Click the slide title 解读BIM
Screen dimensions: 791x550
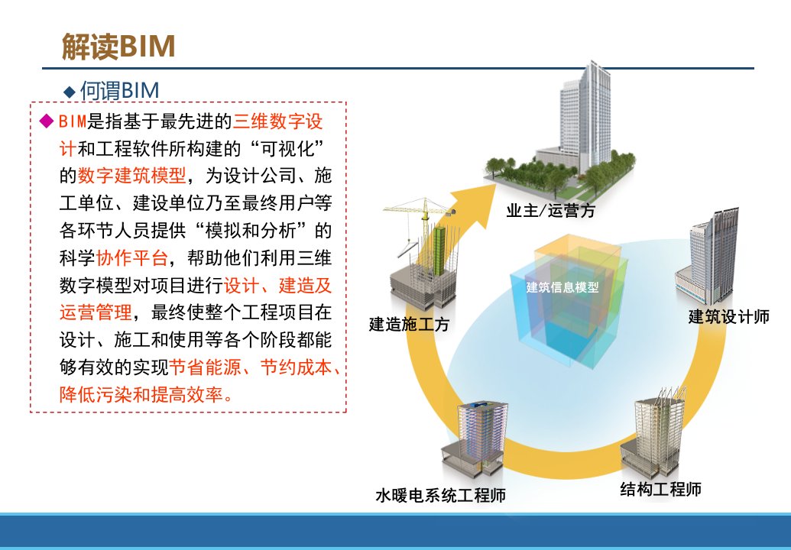(x=118, y=47)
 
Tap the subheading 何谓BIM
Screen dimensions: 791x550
(x=119, y=91)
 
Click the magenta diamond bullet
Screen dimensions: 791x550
(x=47, y=121)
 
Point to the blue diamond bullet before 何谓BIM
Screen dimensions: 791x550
(x=69, y=92)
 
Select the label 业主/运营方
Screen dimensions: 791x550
(x=551, y=210)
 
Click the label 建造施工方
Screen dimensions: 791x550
(x=409, y=324)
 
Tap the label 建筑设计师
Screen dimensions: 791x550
(x=729, y=316)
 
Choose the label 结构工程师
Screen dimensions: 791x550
(x=661, y=488)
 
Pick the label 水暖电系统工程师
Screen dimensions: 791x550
(x=440, y=495)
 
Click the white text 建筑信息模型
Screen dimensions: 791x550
(x=562, y=287)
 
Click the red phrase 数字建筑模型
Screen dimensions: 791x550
(x=132, y=176)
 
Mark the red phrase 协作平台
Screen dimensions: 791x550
(x=131, y=257)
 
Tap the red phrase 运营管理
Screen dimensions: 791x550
(x=96, y=312)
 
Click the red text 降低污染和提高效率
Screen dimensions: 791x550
(x=146, y=395)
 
